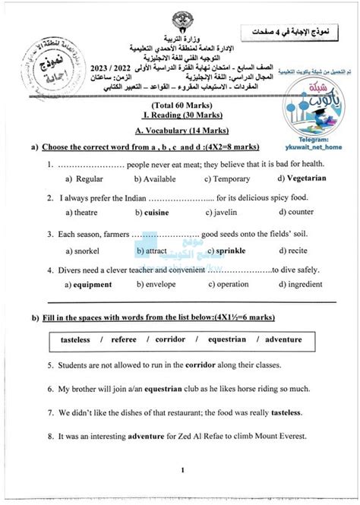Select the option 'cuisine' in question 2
click(x=156, y=213)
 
